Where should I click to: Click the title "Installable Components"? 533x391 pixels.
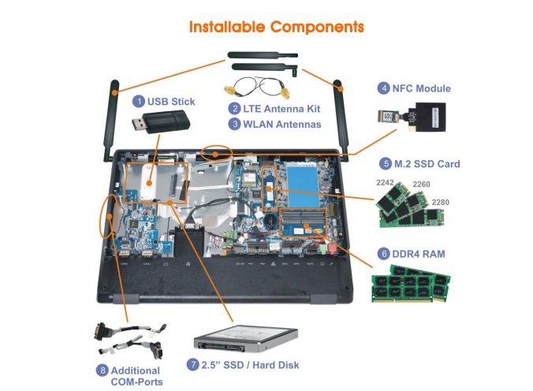point(276,26)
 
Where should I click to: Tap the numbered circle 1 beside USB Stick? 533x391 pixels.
point(139,101)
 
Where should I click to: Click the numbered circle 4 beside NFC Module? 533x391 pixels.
point(384,88)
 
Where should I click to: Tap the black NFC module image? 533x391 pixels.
point(420,117)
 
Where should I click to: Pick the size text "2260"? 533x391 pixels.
point(423,184)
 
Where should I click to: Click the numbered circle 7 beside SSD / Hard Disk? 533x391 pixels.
point(193,365)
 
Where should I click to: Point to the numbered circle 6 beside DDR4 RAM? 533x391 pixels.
point(384,254)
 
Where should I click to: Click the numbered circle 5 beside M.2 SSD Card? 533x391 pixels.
point(386,164)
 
